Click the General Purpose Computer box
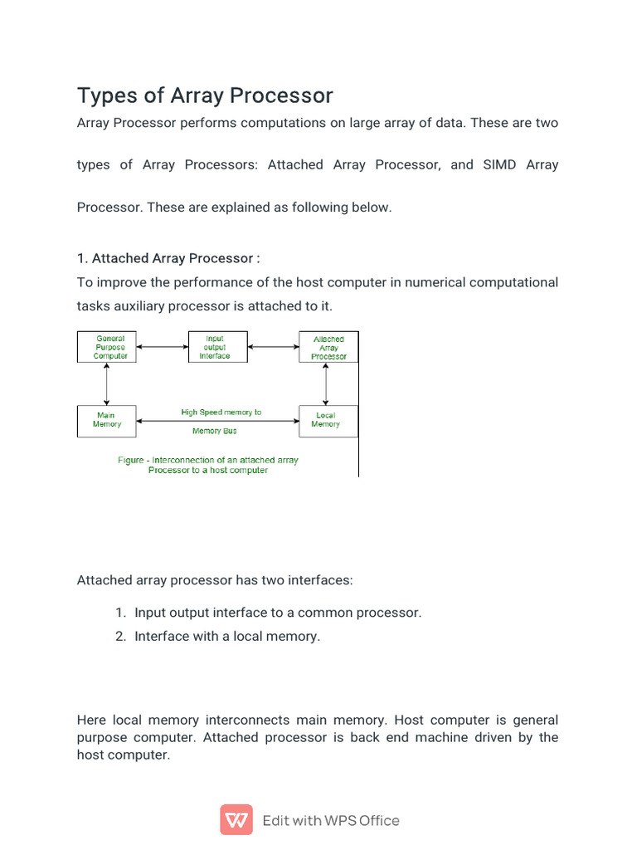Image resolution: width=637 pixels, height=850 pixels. [110, 347]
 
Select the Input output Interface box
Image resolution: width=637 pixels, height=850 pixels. [215, 347]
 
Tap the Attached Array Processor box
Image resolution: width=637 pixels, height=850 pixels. [328, 348]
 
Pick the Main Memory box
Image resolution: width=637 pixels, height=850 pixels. [106, 420]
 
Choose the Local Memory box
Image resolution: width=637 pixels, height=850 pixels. [325, 420]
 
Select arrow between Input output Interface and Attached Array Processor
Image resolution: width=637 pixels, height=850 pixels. [273, 347]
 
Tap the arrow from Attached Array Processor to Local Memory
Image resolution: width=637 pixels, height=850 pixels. [326, 383]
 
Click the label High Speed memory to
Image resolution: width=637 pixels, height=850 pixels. [221, 412]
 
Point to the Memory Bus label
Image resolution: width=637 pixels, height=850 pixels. [214, 431]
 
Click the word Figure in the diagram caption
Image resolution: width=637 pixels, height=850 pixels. [131, 460]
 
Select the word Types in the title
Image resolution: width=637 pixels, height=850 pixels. [103, 95]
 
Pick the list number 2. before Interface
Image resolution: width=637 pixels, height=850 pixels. [120, 637]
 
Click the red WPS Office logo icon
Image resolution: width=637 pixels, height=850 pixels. [236, 820]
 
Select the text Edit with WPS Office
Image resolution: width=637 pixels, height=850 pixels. [331, 820]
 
